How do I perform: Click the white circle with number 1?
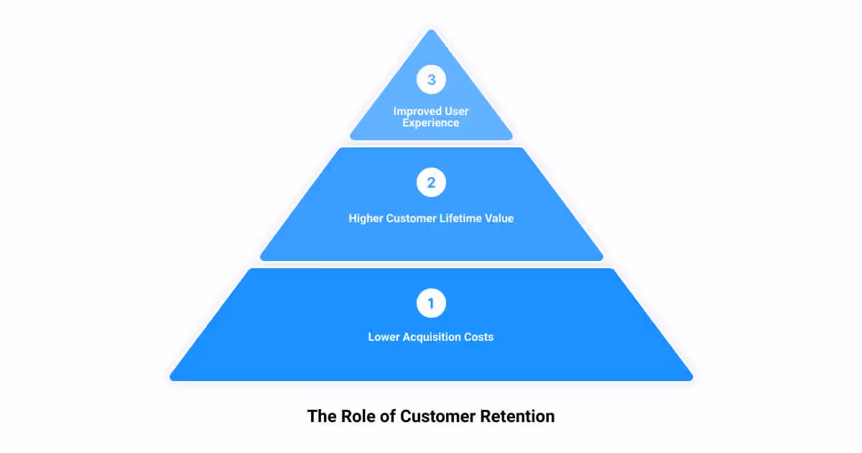pos(431,303)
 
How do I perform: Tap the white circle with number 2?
pos(431,183)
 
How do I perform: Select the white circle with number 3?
pos(431,80)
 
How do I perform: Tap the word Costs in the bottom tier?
pos(479,337)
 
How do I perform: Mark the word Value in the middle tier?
pos(500,218)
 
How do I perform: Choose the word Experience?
pos(431,123)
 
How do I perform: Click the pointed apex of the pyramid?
pos(431,31)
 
